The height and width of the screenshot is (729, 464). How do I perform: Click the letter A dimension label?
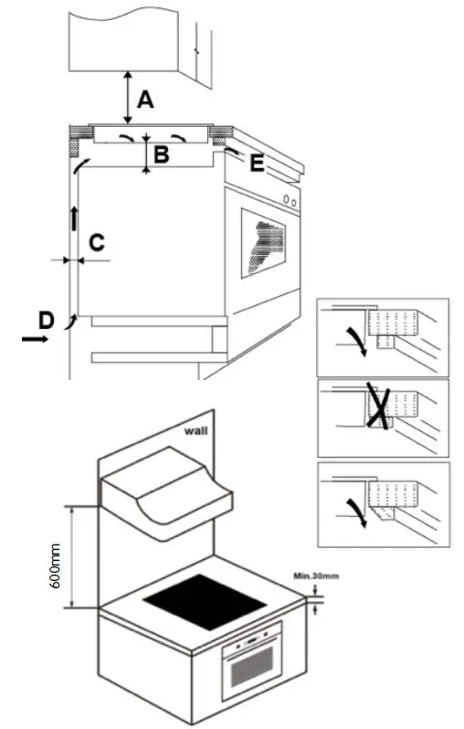(144, 99)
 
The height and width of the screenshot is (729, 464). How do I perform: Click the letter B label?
(161, 154)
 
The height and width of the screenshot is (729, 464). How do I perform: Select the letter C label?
(96, 242)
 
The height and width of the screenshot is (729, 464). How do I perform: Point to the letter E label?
(257, 164)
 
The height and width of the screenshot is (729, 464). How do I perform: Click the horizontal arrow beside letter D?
(37, 338)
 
